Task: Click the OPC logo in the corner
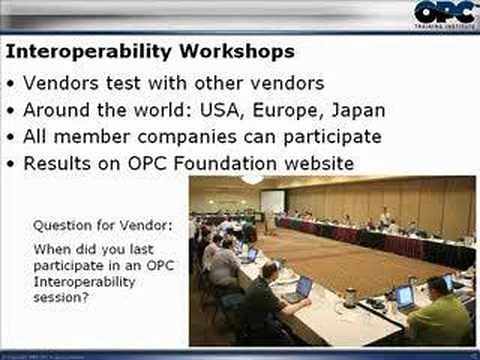tap(442, 15)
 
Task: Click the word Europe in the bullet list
tap(283, 110)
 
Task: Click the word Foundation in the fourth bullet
tap(220, 163)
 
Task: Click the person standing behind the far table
tap(384, 217)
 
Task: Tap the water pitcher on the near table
tap(350, 297)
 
